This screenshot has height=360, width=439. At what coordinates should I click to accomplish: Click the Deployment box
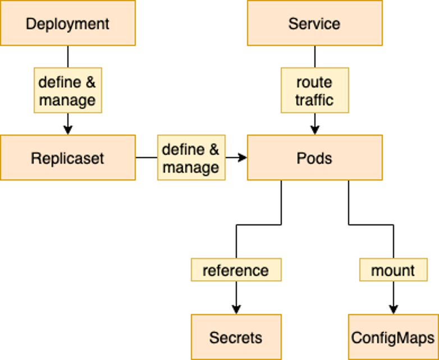point(67,24)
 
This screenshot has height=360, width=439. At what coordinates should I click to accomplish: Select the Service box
point(314,24)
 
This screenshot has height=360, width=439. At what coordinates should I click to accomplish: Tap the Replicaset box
point(67,158)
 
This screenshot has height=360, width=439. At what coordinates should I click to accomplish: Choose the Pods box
point(314,158)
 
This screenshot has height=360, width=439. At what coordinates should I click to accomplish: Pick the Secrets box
point(236,337)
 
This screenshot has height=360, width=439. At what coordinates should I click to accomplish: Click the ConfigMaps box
point(393,337)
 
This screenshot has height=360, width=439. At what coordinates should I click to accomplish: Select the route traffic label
point(314,90)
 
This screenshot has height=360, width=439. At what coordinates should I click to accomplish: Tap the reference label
point(236,270)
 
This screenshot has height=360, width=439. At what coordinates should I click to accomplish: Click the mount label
point(393,270)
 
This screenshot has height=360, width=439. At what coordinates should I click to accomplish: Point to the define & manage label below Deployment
point(67,90)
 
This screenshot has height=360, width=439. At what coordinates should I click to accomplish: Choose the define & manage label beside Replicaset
point(191,158)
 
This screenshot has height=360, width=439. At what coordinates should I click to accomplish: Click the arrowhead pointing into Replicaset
point(68,130)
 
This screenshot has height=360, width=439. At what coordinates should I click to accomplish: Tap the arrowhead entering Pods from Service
point(314,130)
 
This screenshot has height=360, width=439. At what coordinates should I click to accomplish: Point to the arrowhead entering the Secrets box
point(236,309)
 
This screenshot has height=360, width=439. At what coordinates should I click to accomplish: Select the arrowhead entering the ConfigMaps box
point(393,309)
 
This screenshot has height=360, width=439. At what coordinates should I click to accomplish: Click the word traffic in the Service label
point(314,100)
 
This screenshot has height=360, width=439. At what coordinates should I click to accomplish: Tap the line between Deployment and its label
point(68,57)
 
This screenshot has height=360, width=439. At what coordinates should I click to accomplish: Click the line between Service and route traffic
point(314,57)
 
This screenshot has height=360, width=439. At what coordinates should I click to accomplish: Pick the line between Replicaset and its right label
point(146,158)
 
